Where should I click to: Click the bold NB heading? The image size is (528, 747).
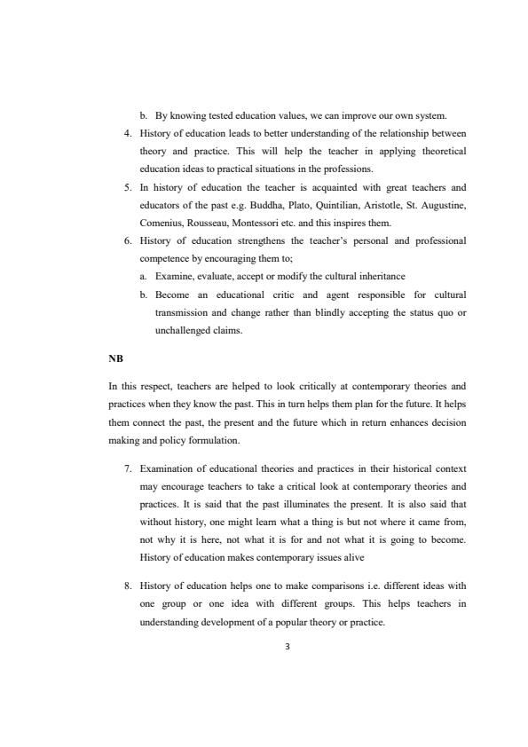(x=114, y=360)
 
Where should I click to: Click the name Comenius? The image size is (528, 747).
(x=161, y=223)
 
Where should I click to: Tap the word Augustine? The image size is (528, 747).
(x=443, y=205)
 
